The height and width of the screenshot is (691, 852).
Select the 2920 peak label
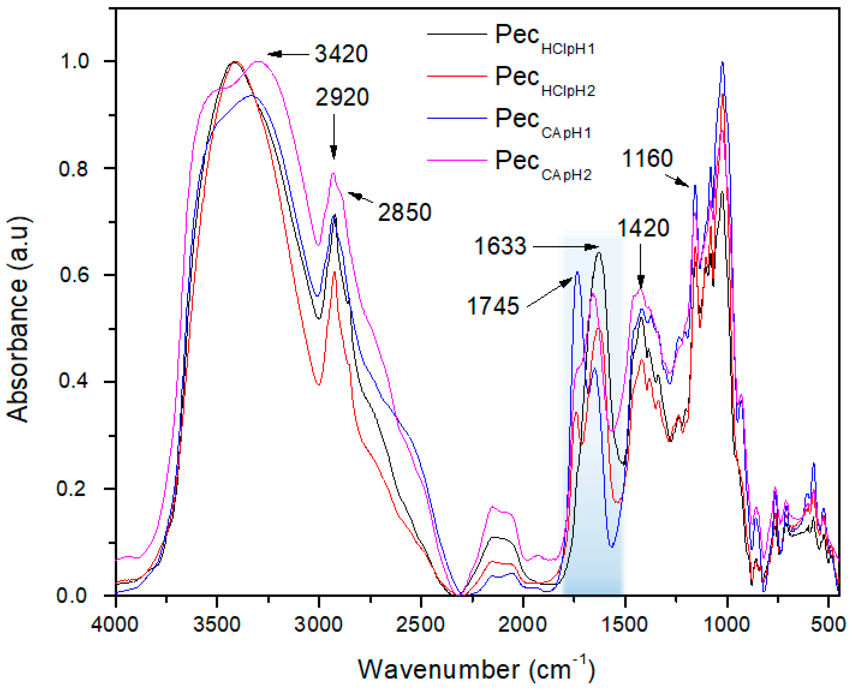(342, 97)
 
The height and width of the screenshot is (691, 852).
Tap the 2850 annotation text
(405, 212)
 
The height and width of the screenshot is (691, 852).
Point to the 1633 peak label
(500, 246)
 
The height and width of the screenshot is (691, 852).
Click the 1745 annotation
(493, 306)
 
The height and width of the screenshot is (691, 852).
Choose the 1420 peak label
(643, 228)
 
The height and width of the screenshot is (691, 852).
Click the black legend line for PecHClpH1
(457, 34)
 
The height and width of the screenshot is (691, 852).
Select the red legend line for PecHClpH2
(457, 76)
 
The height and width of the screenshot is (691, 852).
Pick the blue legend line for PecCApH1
(457, 118)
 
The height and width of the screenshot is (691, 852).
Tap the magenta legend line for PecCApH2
(457, 160)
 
